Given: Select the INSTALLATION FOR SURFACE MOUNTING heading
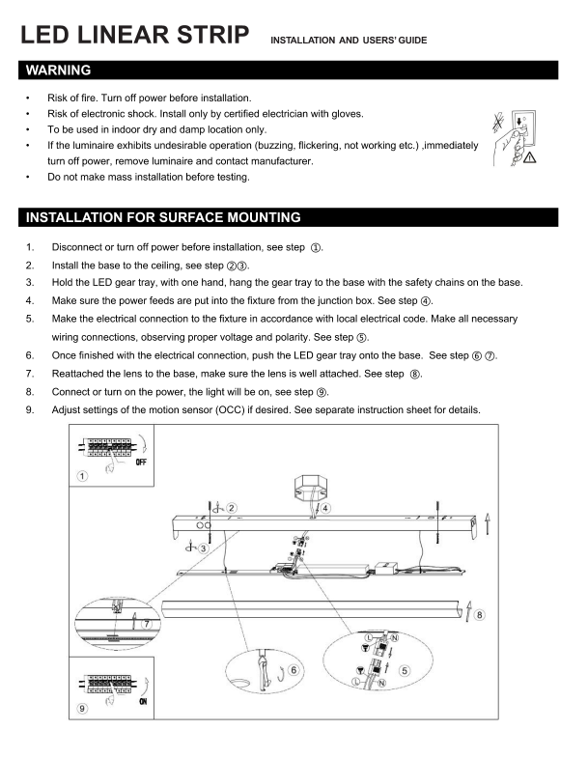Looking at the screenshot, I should pos(163,216).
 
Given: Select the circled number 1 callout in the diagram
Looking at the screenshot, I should pos(83,475).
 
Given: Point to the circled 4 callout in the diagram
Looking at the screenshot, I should pos(325,507).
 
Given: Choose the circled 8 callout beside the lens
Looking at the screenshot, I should pos(480,613).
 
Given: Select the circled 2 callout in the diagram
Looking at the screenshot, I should pos(233,507).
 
